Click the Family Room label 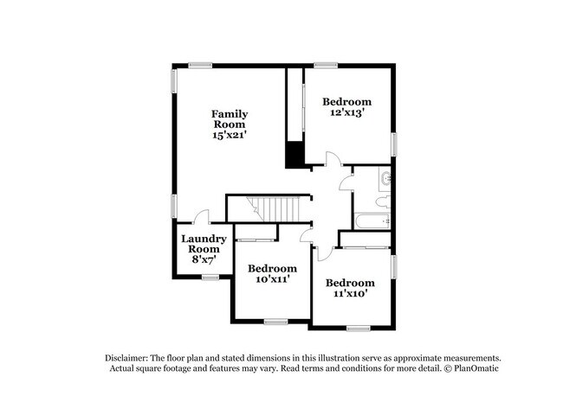pos(230,118)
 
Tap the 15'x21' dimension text pos(230,135)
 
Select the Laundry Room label pos(204,243)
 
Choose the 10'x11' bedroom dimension pos(273,279)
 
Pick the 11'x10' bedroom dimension pos(350,294)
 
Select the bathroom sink pos(386,179)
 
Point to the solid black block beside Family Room pos(294,154)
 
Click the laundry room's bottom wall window pos(210,277)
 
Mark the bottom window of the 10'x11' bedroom pos(275,322)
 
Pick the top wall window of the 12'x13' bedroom pos(326,64)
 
